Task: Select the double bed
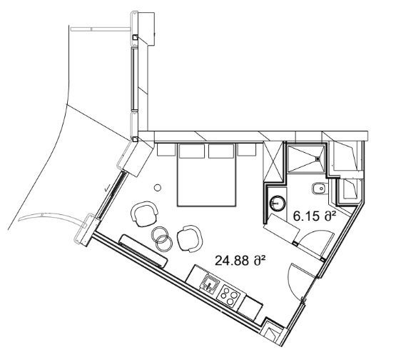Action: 208,179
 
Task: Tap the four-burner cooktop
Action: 230,294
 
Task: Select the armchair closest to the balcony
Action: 144,212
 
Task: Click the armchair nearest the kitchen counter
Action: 189,238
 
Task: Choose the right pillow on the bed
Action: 222,151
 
